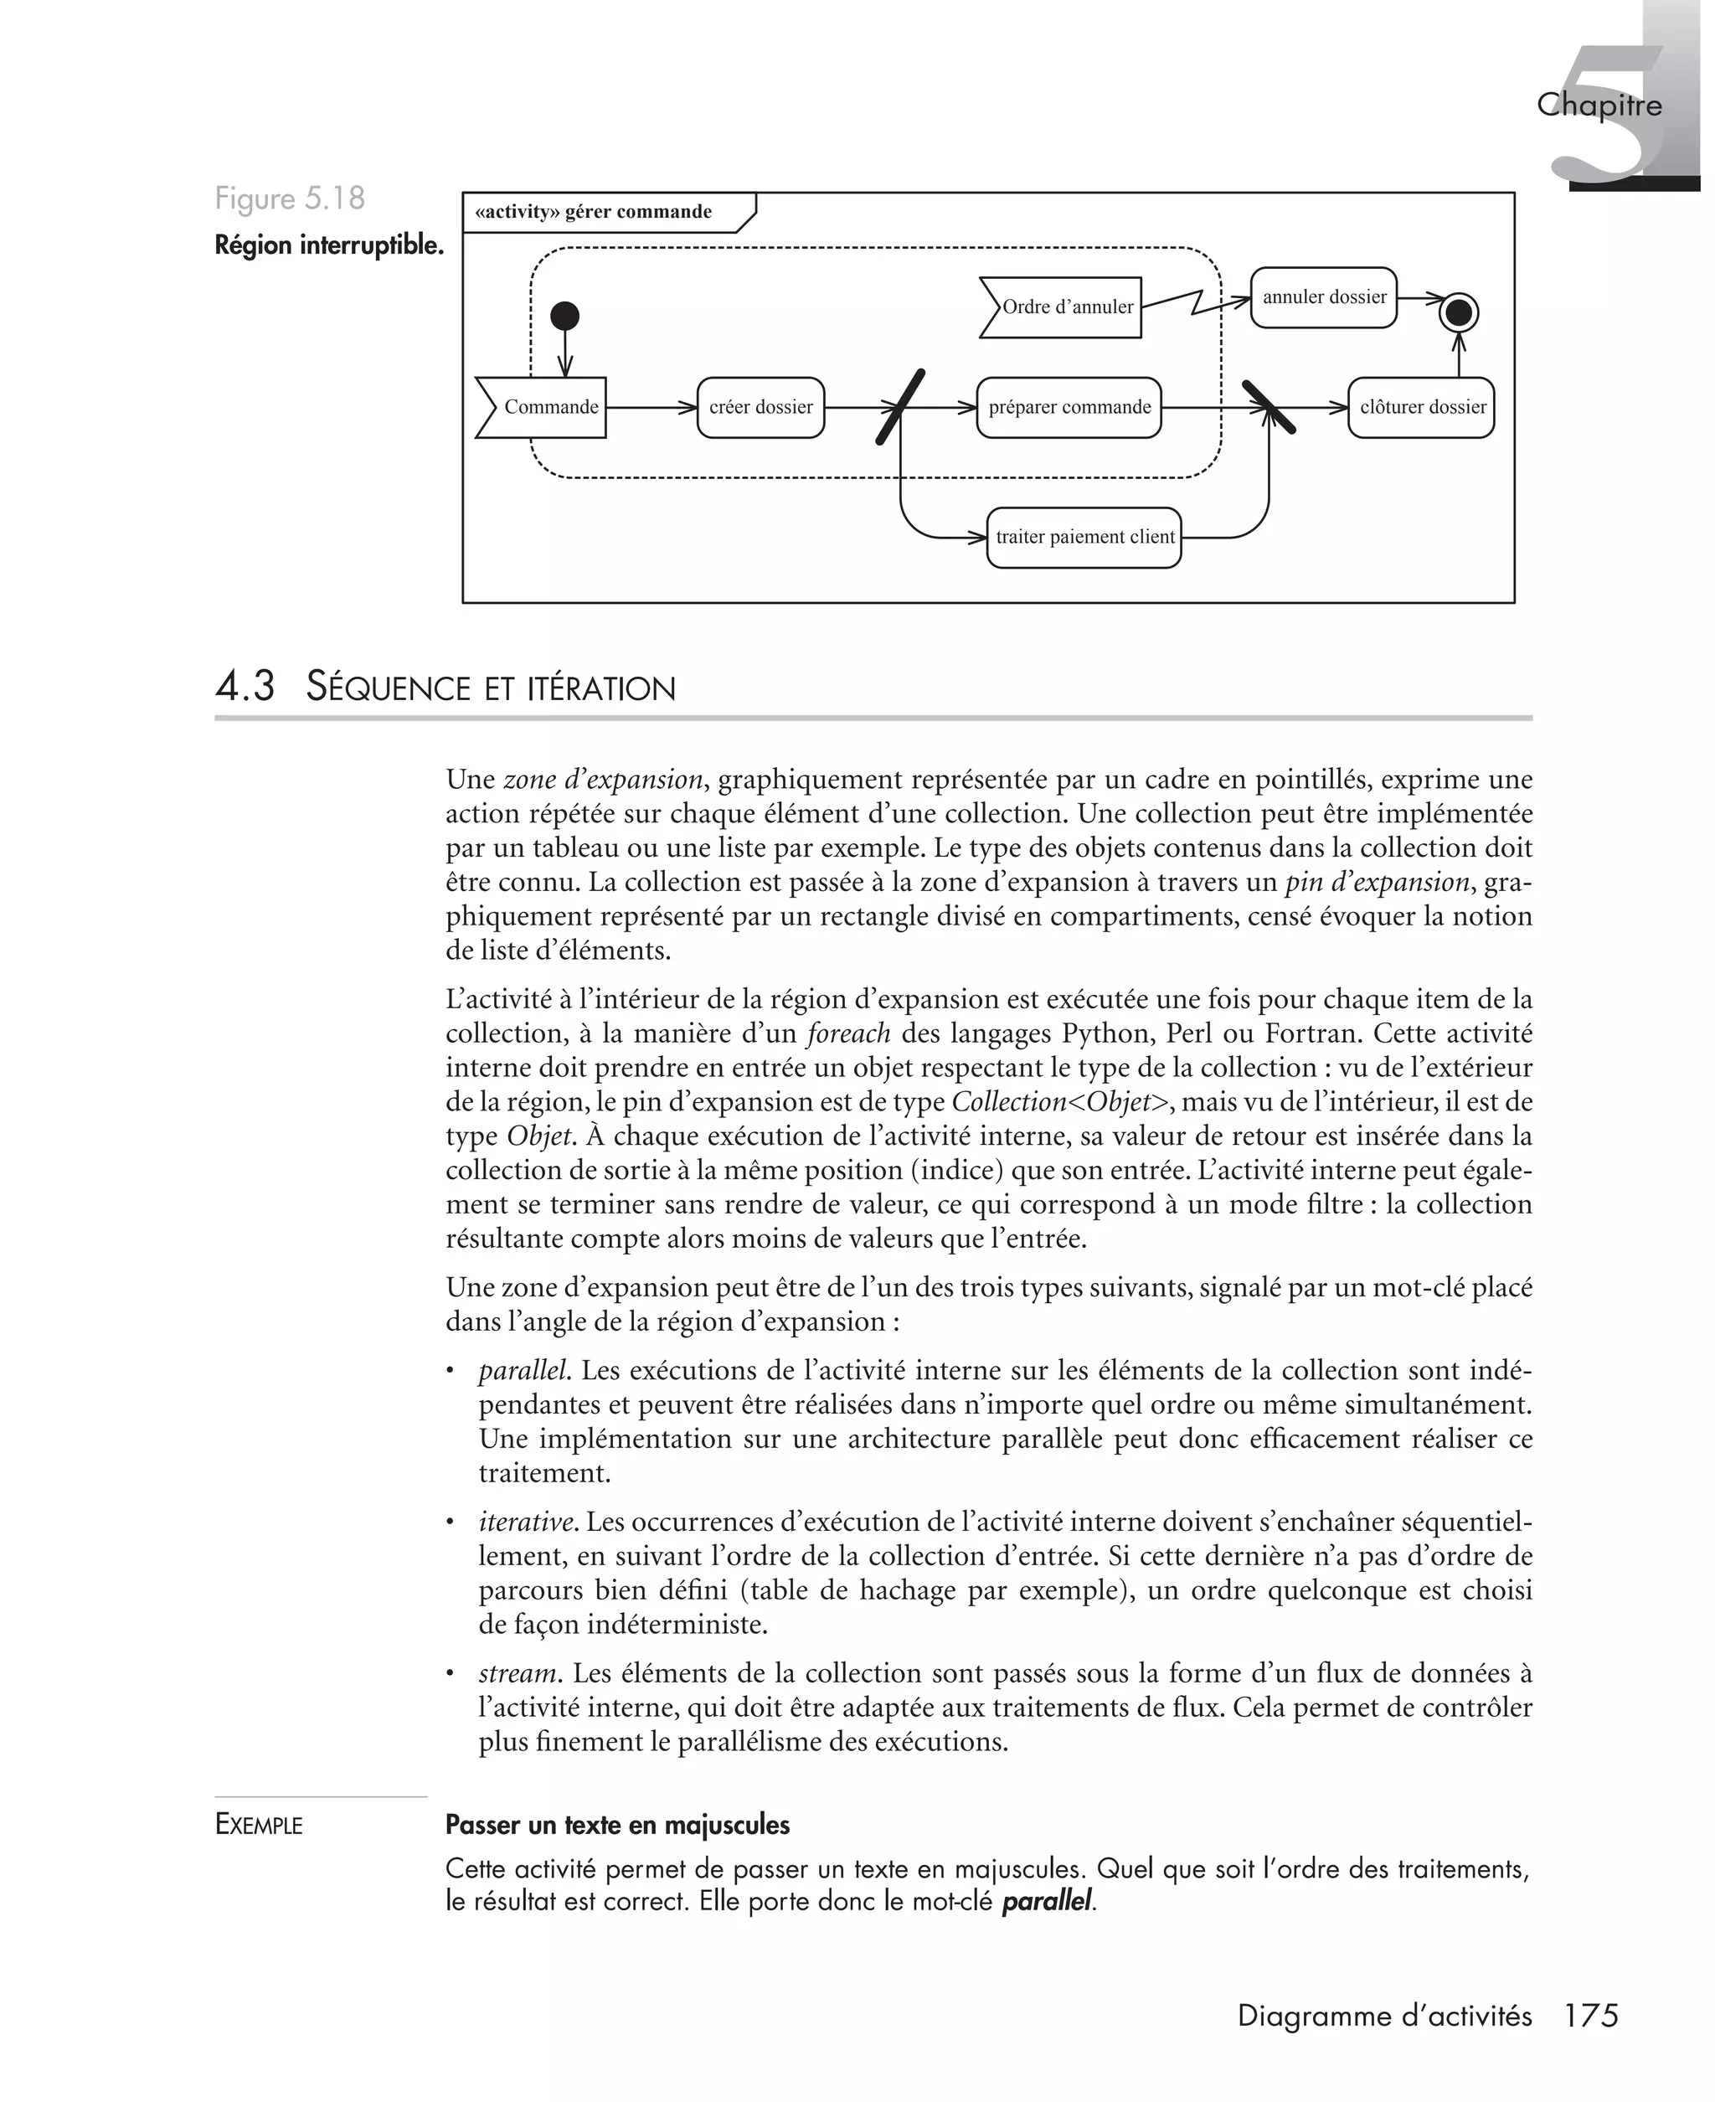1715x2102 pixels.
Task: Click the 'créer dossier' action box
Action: pyautogui.click(x=760, y=407)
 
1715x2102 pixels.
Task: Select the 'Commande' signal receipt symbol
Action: pyautogui.click(x=543, y=407)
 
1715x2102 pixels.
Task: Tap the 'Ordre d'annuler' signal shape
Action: pyautogui.click(x=1062, y=307)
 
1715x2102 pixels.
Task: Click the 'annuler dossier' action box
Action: pyautogui.click(x=1323, y=297)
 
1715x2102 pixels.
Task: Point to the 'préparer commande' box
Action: pyautogui.click(x=1069, y=407)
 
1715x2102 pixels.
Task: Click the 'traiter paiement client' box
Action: pyautogui.click(x=1084, y=538)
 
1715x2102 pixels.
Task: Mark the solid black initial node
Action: pyautogui.click(x=564, y=316)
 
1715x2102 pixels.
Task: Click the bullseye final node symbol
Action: pyautogui.click(x=1459, y=313)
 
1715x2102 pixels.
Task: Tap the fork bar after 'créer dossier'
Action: pyautogui.click(x=901, y=407)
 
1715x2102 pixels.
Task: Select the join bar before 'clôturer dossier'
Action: pyautogui.click(x=1269, y=407)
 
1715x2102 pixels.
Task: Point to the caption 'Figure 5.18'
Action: pyautogui.click(x=290, y=198)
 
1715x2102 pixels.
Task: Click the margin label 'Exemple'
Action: pyautogui.click(x=259, y=1825)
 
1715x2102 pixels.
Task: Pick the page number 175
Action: pyautogui.click(x=1590, y=2016)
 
